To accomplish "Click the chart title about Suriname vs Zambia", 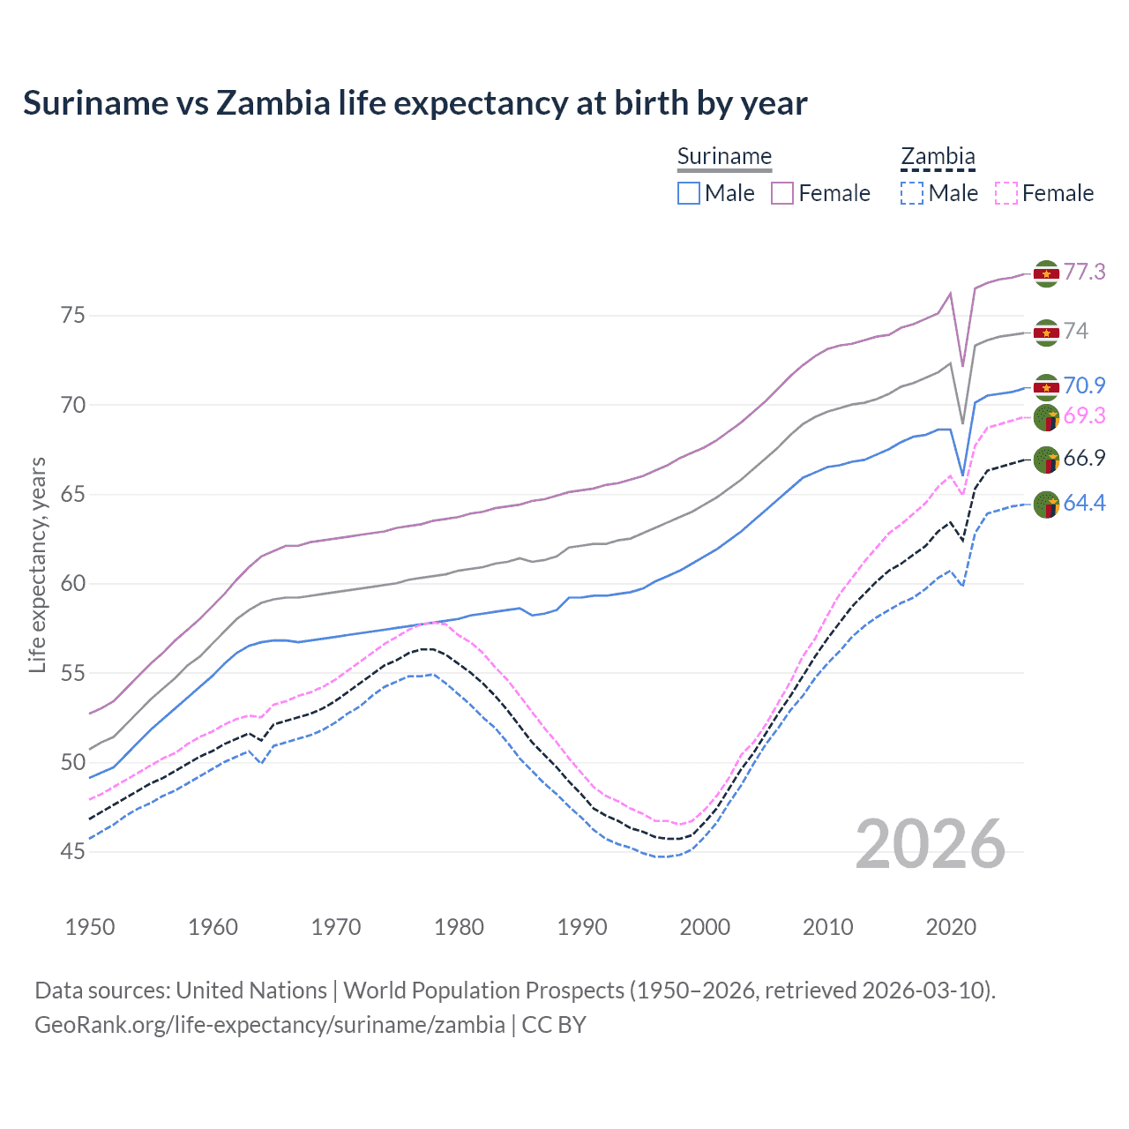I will click(415, 103).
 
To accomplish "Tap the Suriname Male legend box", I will click(689, 193).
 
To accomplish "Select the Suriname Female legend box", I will click(782, 193).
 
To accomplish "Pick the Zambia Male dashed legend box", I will click(912, 193).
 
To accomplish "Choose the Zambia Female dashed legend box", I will click(1006, 193).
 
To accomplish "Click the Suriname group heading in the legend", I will click(724, 157).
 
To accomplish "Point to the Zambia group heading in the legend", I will click(938, 157).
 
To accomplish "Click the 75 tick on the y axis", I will click(73, 315).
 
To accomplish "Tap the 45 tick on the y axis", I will click(73, 851).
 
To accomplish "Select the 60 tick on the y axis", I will click(73, 583).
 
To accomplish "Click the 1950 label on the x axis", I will click(90, 927).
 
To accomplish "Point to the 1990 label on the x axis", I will click(582, 927).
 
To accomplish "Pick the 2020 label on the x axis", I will click(951, 927).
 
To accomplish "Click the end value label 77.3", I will click(1084, 272).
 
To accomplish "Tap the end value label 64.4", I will click(1084, 503).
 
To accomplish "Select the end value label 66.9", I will click(1084, 458).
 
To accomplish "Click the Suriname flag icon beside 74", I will click(1046, 333).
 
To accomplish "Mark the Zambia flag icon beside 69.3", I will click(1046, 417).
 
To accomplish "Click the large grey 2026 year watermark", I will click(930, 844).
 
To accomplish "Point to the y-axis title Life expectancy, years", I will click(38, 564).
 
